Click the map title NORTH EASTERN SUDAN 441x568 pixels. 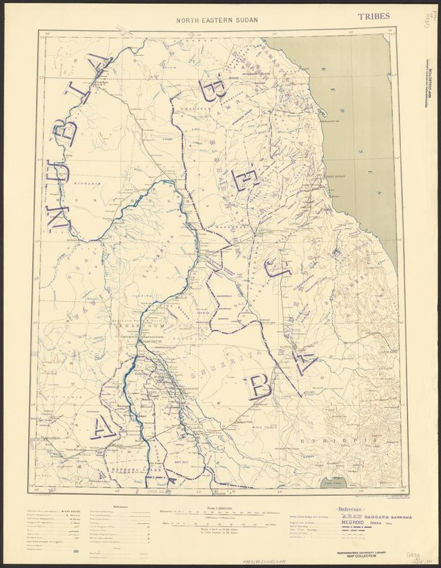point(217,20)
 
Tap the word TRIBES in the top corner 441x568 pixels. point(374,15)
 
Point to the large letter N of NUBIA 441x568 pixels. point(58,213)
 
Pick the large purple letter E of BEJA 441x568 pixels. point(246,180)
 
